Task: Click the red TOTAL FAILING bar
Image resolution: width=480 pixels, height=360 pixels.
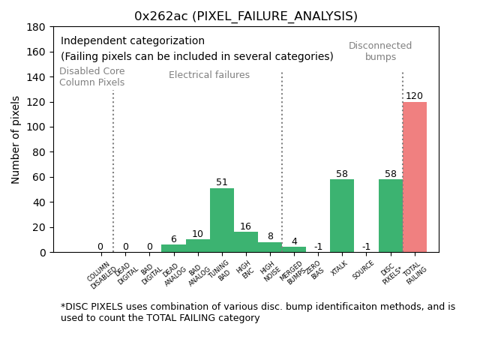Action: [415, 177]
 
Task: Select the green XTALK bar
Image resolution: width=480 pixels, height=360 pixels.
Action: [342, 216]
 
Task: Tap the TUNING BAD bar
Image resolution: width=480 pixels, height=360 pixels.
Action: [222, 220]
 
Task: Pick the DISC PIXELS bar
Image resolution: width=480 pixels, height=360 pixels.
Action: [391, 216]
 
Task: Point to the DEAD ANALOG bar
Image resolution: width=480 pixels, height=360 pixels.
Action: [173, 248]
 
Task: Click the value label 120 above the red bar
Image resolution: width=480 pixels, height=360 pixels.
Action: [415, 96]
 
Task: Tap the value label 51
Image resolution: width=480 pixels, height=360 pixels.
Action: [222, 182]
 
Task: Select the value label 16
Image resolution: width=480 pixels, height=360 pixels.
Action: [246, 226]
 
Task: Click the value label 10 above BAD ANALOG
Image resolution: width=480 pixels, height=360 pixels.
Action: [197, 234]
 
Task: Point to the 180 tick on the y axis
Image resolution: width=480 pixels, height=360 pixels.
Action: [37, 27]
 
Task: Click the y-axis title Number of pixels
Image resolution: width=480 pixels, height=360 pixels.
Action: [16, 139]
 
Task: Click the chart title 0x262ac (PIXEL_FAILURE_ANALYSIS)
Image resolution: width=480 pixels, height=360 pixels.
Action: [246, 16]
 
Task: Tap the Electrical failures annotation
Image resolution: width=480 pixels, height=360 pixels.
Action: [209, 75]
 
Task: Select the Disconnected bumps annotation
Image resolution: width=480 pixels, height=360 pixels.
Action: [380, 51]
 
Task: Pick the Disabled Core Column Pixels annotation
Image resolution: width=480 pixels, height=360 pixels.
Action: [92, 76]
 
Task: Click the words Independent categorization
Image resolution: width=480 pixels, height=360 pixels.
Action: [133, 41]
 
